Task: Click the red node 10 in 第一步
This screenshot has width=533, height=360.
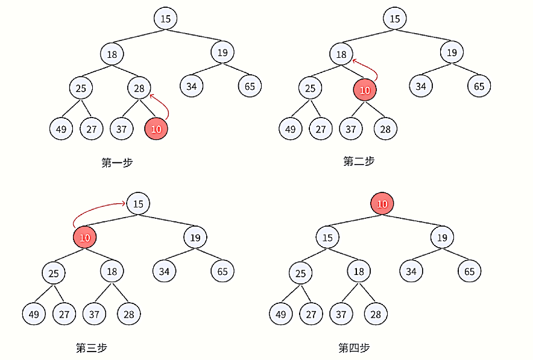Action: click(156, 128)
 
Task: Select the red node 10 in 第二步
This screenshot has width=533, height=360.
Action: click(364, 90)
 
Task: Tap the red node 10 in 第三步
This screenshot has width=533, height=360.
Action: click(84, 238)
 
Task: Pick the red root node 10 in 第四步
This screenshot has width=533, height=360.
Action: click(382, 204)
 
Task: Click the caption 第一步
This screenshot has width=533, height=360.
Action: click(117, 162)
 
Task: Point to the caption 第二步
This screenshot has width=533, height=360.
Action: click(359, 161)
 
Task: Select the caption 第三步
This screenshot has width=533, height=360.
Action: click(92, 347)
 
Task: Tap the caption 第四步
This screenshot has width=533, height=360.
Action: click(354, 347)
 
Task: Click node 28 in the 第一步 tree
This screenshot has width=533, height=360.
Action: click(139, 89)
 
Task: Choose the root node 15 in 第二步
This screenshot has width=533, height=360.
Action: click(394, 19)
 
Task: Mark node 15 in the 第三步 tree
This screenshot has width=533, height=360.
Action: click(138, 204)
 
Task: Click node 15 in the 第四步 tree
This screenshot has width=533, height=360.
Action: click(327, 238)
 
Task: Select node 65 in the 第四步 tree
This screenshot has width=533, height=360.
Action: click(469, 271)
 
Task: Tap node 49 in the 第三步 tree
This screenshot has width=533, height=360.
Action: click(34, 314)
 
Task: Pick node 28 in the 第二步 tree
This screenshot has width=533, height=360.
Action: click(385, 129)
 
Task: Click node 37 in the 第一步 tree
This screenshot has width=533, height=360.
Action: click(121, 128)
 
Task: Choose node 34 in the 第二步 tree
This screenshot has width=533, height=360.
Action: click(421, 86)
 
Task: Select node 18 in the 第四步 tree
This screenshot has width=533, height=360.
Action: click(359, 271)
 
